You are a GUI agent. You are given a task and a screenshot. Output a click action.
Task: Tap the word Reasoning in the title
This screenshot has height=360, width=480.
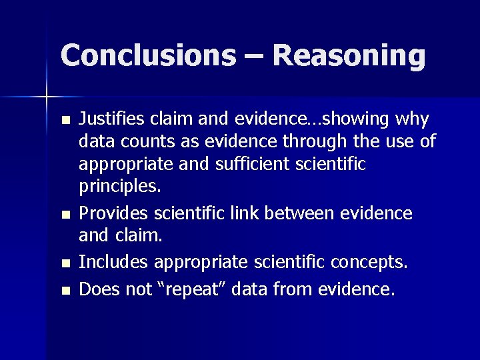point(349,56)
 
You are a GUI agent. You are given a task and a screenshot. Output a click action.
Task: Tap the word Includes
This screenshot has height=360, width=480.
point(111,262)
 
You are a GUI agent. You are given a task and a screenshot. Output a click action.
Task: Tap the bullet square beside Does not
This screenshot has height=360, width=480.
point(64,291)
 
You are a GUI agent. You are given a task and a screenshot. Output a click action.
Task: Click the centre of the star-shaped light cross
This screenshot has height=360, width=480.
point(47,97)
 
